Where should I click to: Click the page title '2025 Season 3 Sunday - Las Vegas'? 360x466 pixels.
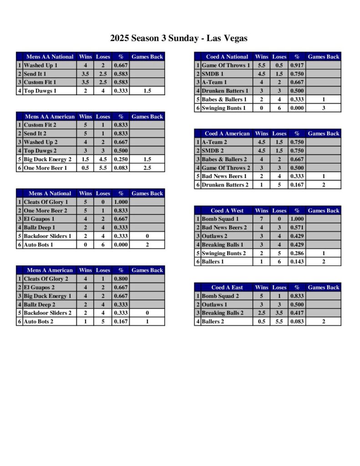[179, 38]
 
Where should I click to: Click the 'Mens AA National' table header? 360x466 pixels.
[50, 57]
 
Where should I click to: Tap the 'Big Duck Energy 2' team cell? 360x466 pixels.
[47, 159]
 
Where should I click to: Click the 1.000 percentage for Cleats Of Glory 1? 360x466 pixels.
[121, 202]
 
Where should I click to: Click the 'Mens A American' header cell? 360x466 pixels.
[50, 270]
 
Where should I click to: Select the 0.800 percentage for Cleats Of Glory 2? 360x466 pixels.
[121, 279]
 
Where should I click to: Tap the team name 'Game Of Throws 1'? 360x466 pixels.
[226, 65]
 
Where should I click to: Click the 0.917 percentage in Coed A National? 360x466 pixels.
[297, 65]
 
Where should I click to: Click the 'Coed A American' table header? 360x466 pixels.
[227, 134]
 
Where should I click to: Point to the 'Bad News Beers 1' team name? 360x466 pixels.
[224, 176]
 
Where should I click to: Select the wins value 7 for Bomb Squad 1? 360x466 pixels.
[261, 219]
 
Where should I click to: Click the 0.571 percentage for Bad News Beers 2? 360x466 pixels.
[297, 228]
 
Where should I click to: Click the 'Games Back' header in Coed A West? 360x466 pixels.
[323, 211]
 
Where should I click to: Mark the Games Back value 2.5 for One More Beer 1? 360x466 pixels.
[147, 167]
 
